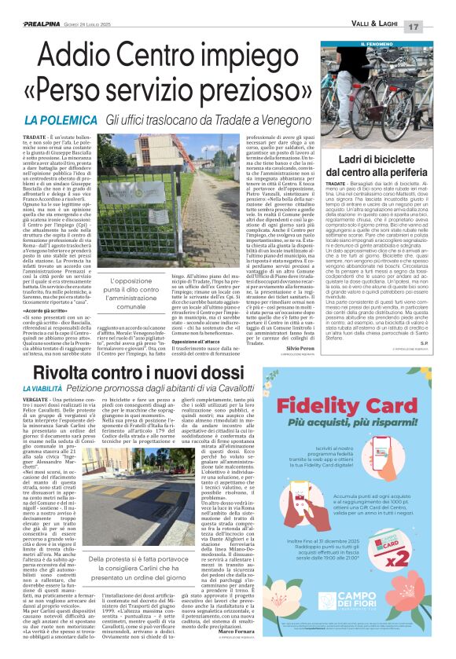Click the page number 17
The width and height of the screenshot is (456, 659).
click(x=434, y=27)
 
